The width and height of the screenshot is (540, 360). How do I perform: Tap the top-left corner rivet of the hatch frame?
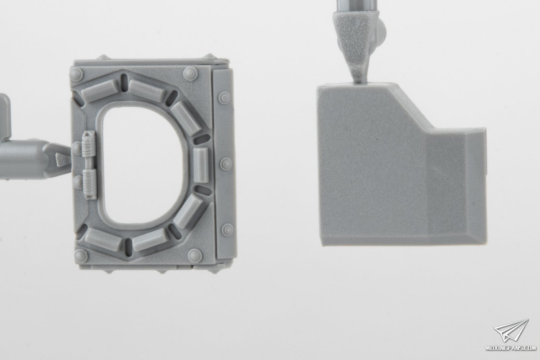pos(76,74)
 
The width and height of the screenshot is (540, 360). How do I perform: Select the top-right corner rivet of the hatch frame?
pos(190,73)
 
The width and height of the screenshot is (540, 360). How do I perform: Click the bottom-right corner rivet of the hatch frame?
pos(195,256)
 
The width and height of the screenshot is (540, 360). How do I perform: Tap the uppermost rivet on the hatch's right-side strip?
pos(224,98)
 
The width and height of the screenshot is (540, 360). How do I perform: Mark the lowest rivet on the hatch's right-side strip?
pos(227,230)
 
